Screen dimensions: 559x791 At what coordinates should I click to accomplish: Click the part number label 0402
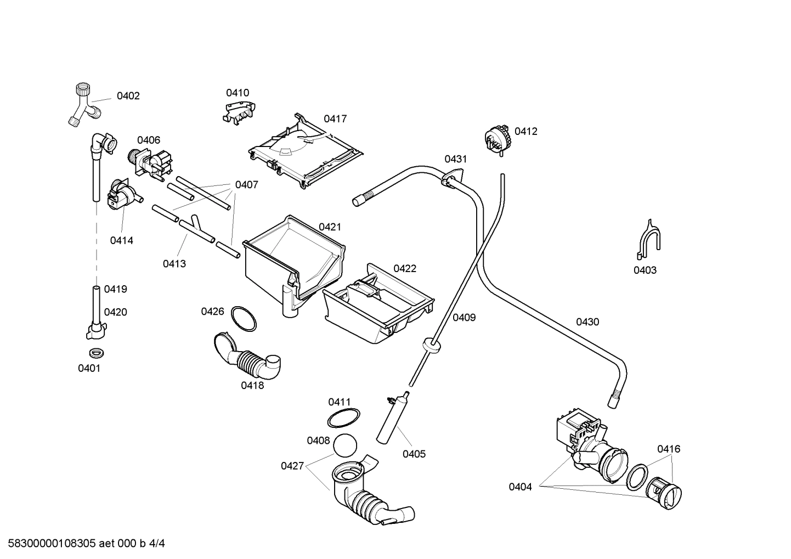tap(128, 96)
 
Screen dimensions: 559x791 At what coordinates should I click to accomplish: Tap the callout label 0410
tap(238, 93)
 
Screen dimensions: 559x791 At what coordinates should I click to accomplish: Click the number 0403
tap(645, 270)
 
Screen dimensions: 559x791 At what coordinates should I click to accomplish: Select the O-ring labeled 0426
tap(244, 319)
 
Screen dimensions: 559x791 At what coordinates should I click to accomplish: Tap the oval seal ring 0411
tap(343, 419)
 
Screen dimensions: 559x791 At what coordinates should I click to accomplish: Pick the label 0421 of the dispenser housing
tap(330, 227)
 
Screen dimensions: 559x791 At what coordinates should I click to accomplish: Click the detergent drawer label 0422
tap(405, 268)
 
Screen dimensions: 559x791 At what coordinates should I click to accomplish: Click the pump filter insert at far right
tap(664, 492)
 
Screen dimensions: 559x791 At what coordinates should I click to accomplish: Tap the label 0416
tap(669, 449)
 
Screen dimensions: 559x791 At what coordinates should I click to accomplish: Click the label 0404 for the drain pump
tap(520, 487)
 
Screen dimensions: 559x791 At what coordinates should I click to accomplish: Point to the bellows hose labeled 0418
tap(250, 360)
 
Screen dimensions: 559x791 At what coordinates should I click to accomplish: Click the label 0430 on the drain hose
tap(587, 322)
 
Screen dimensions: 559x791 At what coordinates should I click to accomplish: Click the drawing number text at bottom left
tap(83, 544)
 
